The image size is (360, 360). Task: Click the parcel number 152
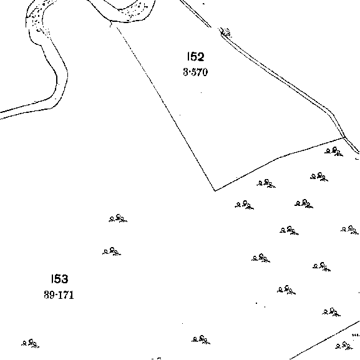pos(196,57)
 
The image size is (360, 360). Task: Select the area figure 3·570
pos(195,72)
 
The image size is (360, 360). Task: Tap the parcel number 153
pos(59,279)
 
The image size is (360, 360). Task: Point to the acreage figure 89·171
pos(59,294)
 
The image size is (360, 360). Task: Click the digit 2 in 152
pos(200,57)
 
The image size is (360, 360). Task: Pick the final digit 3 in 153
pos(64,279)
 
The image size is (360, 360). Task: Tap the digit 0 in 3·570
pos(205,72)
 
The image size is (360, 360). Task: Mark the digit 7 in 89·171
pos(66,295)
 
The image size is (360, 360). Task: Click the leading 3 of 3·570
pos(185,72)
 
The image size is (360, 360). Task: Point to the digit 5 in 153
pos(57,279)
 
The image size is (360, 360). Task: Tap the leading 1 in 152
pos(188,57)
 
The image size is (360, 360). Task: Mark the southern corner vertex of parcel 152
pos(215,190)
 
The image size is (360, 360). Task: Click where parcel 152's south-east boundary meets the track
pos(344,137)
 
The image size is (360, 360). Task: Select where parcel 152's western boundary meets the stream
pos(111,21)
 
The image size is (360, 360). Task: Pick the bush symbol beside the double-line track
pos(226,32)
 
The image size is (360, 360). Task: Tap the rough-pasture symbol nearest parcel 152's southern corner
pos(245,205)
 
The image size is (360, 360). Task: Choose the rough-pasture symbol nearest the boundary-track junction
pos(334,152)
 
